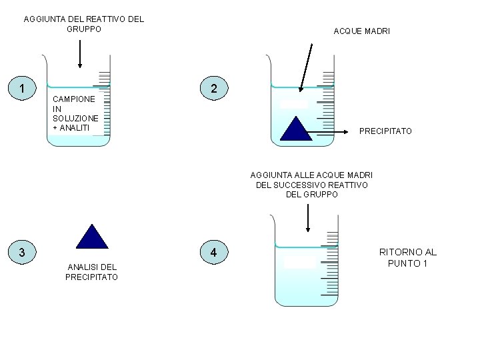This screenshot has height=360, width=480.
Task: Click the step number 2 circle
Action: pos(213,89)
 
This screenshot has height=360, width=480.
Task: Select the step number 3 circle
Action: pos(23,252)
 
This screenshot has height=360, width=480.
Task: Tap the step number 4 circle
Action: pos(213,252)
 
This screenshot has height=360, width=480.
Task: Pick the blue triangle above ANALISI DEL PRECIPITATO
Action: pos(92,237)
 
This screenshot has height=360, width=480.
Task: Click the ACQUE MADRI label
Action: pos(362,31)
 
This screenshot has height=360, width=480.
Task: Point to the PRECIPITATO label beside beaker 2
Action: pos(385,131)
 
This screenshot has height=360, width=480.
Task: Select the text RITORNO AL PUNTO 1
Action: pos(408,257)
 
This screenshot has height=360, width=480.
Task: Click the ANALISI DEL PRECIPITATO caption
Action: pos(92,272)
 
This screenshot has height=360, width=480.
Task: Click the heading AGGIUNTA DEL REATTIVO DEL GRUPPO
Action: pos(84,24)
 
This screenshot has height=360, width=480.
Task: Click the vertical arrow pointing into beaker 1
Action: pos(80,53)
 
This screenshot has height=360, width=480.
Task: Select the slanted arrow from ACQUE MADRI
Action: pos(307,67)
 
